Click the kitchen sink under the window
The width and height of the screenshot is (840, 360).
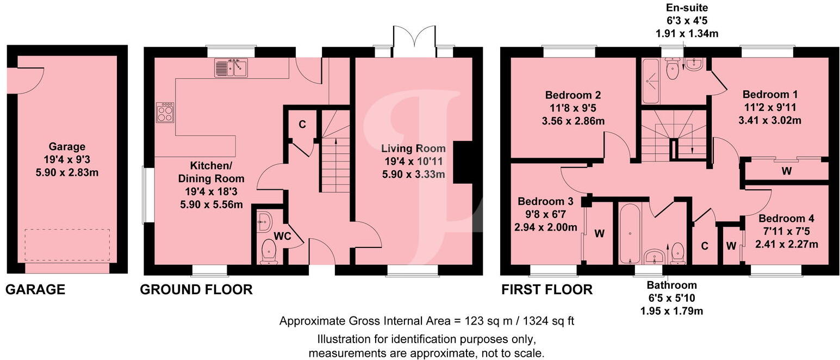coord(231,68)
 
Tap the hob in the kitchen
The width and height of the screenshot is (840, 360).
coord(165,112)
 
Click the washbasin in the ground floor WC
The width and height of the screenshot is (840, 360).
coord(265,221)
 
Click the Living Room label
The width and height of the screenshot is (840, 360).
coord(413,148)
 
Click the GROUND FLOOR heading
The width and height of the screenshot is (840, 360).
coord(196,290)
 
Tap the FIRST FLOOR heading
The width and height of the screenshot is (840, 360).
coord(546,290)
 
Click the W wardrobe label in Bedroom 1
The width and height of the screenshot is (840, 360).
coord(786,170)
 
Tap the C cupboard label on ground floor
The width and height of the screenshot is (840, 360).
coord(302,124)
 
